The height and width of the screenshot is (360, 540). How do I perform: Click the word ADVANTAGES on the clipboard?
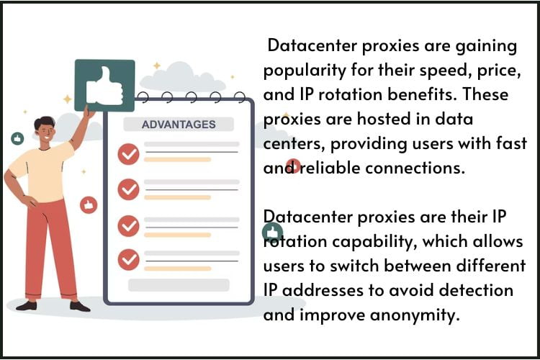click(179, 124)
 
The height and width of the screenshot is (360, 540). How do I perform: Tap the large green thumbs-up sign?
click(104, 85)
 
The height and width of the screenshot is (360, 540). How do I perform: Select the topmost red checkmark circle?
click(128, 153)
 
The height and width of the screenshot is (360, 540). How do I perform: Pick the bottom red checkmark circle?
click(128, 258)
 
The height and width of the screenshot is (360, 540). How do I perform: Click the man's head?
click(45, 130)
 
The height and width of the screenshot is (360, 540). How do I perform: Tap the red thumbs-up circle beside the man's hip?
click(89, 205)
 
